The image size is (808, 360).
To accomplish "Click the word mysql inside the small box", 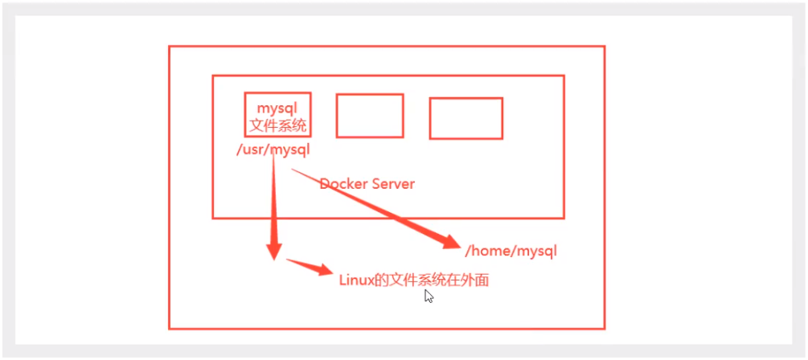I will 277,107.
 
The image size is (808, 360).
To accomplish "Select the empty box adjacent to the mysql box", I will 369,116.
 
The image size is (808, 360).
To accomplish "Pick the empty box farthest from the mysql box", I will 466,118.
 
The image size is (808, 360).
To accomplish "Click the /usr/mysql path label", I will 273,149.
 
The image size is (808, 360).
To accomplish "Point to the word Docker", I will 343,184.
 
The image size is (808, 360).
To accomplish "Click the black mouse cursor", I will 429,297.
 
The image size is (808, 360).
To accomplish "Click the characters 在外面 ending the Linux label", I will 470,280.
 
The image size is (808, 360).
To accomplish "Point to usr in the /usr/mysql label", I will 250,149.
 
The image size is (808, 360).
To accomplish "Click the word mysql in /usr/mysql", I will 289,149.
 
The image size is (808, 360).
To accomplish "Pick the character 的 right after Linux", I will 383,280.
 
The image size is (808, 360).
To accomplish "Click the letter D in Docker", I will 324,184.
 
